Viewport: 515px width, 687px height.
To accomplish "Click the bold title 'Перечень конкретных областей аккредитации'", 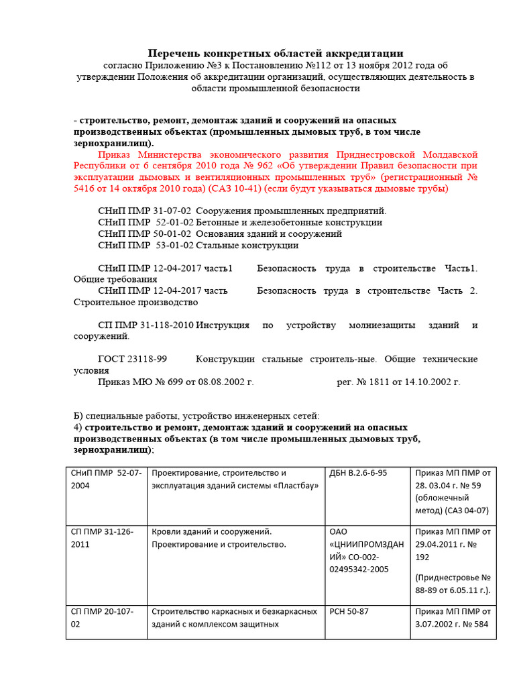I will tap(276, 53).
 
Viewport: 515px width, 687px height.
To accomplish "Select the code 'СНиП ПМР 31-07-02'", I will tap(144, 211).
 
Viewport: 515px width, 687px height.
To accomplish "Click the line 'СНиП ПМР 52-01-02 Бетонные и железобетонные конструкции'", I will tap(240, 223).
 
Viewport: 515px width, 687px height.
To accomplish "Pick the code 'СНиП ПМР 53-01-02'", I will tap(144, 246).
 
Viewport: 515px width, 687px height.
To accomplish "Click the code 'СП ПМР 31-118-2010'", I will tap(146, 325).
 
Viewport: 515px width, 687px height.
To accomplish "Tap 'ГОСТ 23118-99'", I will tap(133, 360).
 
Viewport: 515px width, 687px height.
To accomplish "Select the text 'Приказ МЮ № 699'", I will tap(139, 382).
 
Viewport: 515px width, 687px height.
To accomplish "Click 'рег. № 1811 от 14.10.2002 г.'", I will tap(398, 382).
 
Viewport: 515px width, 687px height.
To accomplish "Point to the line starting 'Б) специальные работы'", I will tap(192, 417).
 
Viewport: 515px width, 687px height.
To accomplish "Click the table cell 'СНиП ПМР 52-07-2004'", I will tap(106, 479).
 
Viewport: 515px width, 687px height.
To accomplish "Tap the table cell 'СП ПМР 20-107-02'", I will tap(106, 618).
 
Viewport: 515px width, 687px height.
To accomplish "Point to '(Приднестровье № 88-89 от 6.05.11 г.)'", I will tap(453, 584).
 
